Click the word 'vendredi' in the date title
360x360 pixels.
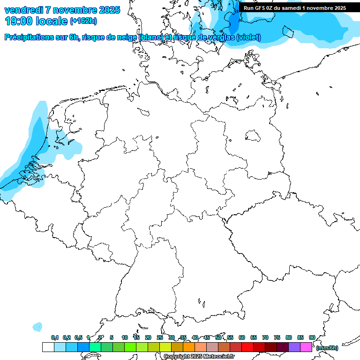pyautogui.click(x=23, y=10)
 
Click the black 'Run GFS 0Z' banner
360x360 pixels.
pyautogui.click(x=295, y=7)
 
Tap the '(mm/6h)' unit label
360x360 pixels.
pyautogui.click(x=327, y=348)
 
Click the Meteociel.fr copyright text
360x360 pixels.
pyautogui.click(x=199, y=357)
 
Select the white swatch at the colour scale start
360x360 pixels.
pyautogui.click(x=48, y=347)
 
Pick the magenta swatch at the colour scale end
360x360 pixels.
pyautogui.click(x=306, y=347)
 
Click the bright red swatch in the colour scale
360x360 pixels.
pyautogui.click(x=247, y=347)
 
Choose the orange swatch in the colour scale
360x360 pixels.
pyautogui.click(x=189, y=347)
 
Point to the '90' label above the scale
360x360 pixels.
pyautogui.click(x=312, y=337)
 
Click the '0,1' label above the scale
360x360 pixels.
pyautogui.click(x=55, y=337)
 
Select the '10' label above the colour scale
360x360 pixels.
pyautogui.click(x=125, y=337)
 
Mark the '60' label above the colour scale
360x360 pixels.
pyautogui.click(x=242, y=337)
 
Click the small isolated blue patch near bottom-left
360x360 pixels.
pyautogui.click(x=37, y=326)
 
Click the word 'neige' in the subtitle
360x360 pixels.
pyautogui.click(x=127, y=37)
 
